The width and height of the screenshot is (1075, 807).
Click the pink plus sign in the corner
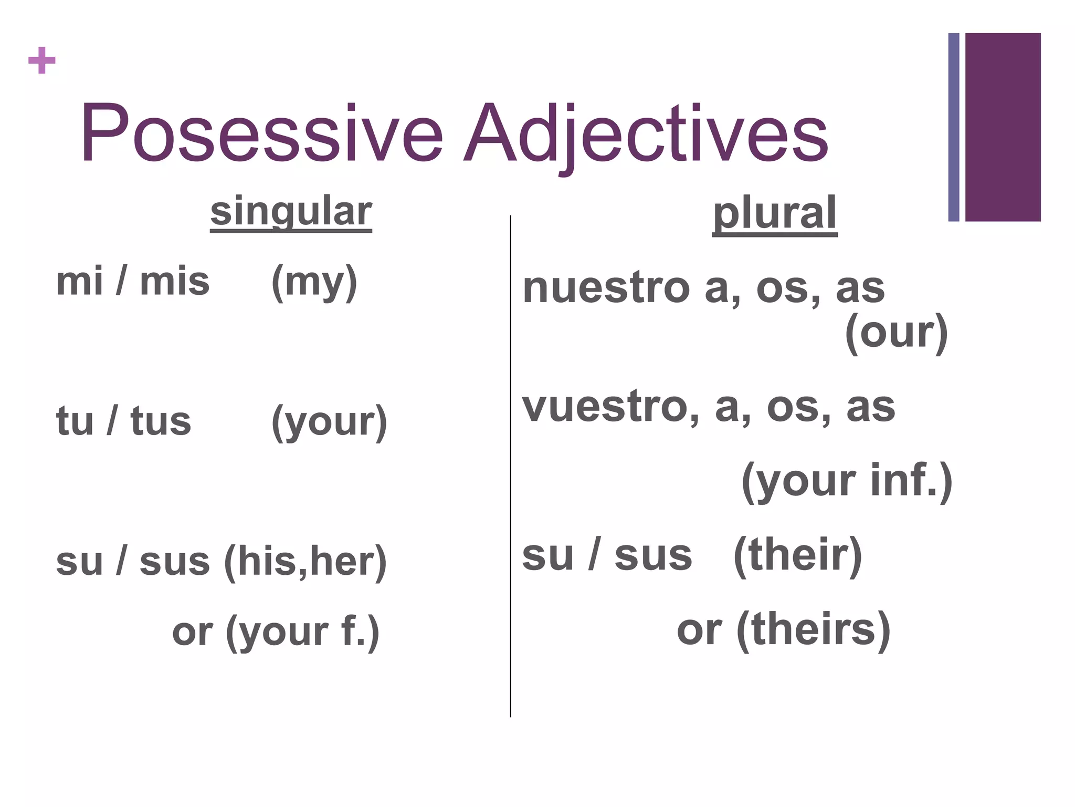click(41, 60)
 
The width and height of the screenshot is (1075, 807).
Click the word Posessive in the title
click(261, 133)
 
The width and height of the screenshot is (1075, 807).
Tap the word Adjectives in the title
click(646, 134)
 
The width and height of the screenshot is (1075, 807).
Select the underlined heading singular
click(291, 212)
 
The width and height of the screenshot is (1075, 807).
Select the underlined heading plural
click(774, 214)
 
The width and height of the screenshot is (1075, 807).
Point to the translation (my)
click(314, 283)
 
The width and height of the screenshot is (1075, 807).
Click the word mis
click(174, 282)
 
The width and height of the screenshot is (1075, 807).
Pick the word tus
click(161, 421)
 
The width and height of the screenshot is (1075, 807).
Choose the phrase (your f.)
click(302, 632)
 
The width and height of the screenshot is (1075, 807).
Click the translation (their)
click(797, 556)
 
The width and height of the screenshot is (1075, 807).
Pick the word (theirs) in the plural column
click(813, 630)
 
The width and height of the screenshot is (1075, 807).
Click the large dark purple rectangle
click(1003, 127)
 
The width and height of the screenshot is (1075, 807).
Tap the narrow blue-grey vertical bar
click(954, 127)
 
